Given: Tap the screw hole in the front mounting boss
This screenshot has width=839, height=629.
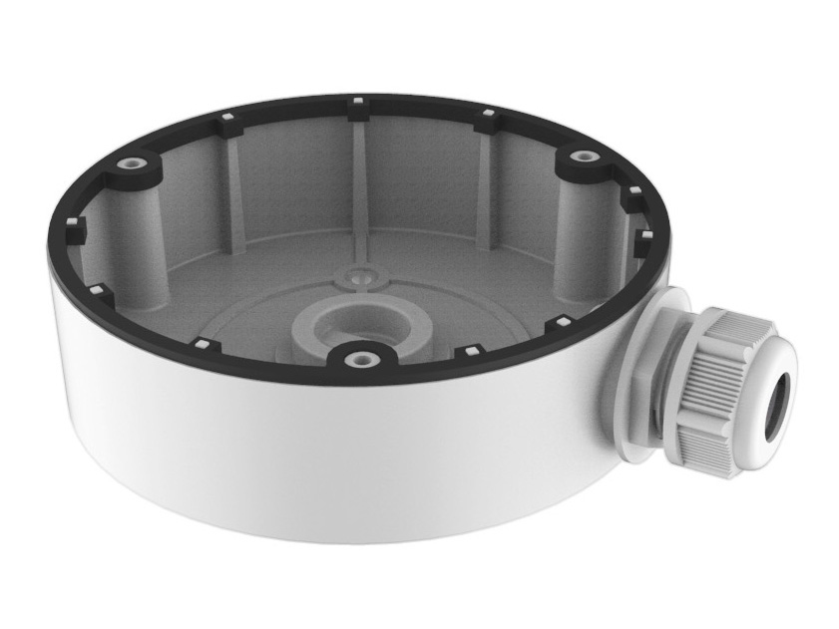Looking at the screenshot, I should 356,354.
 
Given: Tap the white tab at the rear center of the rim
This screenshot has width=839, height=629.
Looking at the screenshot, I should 356,102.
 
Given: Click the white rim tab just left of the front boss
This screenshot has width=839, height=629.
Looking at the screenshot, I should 204,344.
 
